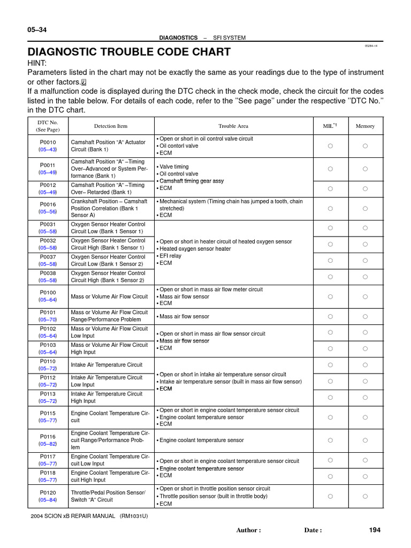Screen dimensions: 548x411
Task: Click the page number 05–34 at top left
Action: click(37, 30)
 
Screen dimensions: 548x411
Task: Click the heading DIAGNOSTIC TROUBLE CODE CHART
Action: click(129, 52)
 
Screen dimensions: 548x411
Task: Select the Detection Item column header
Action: click(111, 126)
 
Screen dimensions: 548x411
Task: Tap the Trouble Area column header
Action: click(233, 126)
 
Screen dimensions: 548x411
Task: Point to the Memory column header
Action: click(365, 126)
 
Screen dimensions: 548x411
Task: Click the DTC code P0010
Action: click(48, 142)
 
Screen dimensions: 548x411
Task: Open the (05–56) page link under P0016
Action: click(48, 211)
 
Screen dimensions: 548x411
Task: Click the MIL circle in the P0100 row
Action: click(330, 296)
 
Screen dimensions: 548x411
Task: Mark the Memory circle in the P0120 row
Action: click(365, 496)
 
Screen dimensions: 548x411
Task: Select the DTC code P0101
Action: click(48, 313)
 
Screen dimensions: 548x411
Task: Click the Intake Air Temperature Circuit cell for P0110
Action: click(106, 365)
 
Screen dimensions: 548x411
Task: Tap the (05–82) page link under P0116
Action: click(48, 444)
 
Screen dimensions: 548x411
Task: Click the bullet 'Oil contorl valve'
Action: click(179, 146)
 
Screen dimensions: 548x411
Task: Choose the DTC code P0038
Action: click(48, 273)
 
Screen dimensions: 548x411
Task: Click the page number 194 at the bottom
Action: click(375, 530)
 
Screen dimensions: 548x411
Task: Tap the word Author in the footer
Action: click(248, 530)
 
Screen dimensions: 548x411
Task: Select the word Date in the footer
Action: click(313, 530)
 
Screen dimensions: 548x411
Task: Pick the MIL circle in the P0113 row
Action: click(330, 398)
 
